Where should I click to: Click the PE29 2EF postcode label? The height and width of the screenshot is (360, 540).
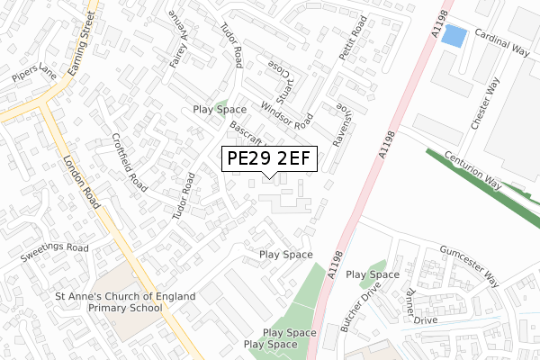pyautogui.click(x=268, y=159)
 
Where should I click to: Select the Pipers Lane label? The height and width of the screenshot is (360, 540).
pyautogui.click(x=35, y=73)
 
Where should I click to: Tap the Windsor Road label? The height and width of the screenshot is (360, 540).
pyautogui.click(x=286, y=114)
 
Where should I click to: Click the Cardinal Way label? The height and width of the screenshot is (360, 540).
pyautogui.click(x=502, y=44)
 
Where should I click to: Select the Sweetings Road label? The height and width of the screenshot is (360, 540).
pyautogui.click(x=56, y=247)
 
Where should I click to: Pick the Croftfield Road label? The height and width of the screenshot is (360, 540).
pyautogui.click(x=130, y=163)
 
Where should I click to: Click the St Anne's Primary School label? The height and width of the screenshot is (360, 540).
pyautogui.click(x=108, y=301)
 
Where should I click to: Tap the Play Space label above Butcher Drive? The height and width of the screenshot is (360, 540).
pyautogui.click(x=373, y=274)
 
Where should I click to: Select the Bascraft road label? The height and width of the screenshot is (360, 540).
pyautogui.click(x=245, y=135)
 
